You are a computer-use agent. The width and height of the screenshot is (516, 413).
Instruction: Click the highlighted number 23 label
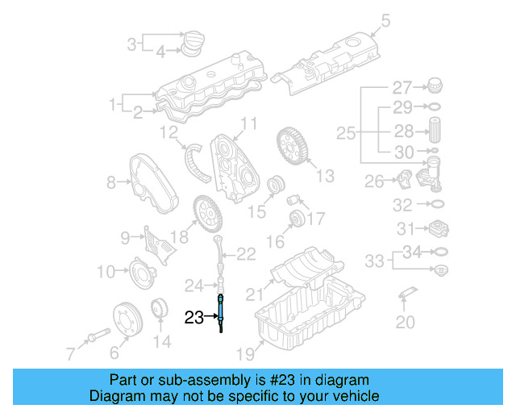pos(194,317)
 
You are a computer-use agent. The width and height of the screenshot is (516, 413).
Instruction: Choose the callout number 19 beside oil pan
pos(244,353)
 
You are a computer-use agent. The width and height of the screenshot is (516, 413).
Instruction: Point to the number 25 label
pos(345,132)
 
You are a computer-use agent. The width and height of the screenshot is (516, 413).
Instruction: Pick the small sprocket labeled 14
pos(160,309)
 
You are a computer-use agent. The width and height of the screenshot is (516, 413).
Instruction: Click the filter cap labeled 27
pos(434,86)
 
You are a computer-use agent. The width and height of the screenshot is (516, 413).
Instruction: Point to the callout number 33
pos(373,261)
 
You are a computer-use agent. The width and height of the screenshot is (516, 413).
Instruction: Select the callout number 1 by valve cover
pos(113,103)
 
